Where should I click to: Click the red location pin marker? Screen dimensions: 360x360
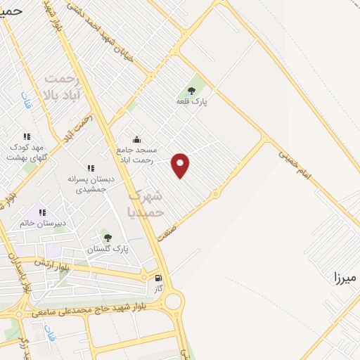pos(181,164)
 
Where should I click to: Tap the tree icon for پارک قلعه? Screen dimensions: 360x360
pos(192,89)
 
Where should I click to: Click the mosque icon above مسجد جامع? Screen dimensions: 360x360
pos(136,139)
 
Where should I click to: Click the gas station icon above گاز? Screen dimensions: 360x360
pos(158,278)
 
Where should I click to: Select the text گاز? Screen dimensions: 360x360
pos(158,289)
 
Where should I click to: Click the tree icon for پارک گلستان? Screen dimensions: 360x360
pos(107,237)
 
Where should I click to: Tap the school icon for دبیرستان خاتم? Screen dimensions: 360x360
pos(42,212)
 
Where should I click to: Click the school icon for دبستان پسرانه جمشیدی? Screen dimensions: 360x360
pos(90,168)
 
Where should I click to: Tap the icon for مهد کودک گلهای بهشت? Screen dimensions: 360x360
pos(26,136)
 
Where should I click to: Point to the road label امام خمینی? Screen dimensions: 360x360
pos(294,163)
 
